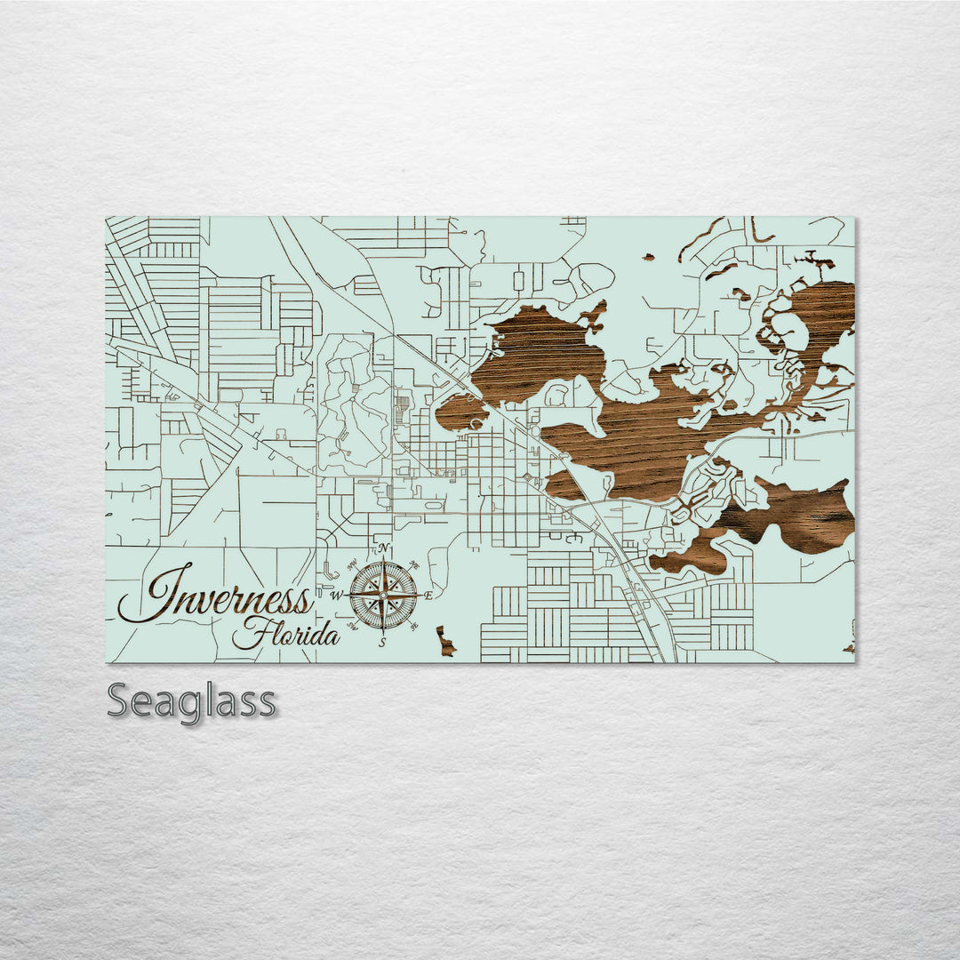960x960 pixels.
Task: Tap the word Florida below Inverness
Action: (286, 635)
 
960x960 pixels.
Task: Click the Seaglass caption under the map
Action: (191, 701)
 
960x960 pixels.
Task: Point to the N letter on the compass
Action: (383, 548)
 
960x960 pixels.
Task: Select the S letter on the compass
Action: (382, 642)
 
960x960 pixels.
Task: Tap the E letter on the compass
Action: (428, 596)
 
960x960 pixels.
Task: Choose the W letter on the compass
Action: (337, 596)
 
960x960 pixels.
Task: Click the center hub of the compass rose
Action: (383, 595)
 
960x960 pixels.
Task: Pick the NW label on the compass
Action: (352, 564)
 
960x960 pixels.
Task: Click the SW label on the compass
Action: (352, 627)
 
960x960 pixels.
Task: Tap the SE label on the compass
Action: (414, 627)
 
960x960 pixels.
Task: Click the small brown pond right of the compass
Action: (444, 641)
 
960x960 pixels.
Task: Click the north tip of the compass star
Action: (383, 557)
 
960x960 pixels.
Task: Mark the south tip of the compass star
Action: (383, 633)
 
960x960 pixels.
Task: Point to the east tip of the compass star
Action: (420, 596)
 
